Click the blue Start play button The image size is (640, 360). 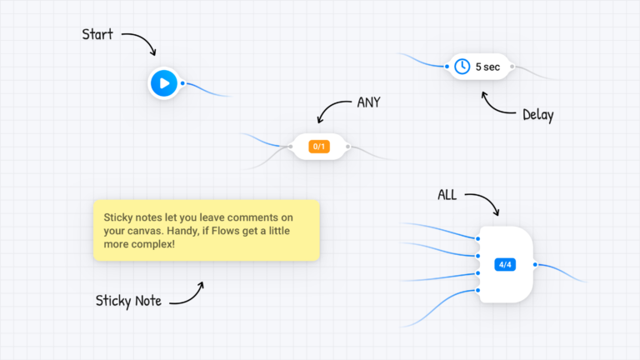click(x=164, y=82)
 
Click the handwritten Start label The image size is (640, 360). click(x=97, y=35)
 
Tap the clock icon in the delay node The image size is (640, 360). click(x=462, y=67)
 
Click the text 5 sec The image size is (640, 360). click(x=487, y=67)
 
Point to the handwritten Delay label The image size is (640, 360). click(x=537, y=115)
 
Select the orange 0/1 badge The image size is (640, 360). click(x=318, y=147)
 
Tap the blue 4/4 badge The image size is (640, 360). click(x=505, y=264)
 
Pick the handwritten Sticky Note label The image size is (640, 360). click(x=128, y=301)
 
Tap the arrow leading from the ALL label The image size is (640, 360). click(x=483, y=202)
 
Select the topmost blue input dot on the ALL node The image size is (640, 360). click(x=478, y=240)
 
